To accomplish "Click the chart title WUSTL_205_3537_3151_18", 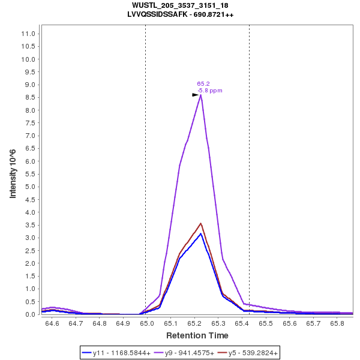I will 180,5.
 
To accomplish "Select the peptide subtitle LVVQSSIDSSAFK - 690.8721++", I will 180,14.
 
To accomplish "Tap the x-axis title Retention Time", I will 197,335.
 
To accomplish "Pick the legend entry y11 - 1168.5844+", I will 115,353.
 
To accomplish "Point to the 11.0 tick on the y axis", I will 29,34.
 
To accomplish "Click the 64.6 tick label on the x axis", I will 52,323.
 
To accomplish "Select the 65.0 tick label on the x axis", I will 147,323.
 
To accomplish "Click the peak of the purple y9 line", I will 201,94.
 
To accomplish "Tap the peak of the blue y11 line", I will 201,233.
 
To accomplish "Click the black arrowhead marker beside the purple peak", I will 195,95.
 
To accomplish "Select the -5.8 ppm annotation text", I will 210,91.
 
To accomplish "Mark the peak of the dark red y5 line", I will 201,223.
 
